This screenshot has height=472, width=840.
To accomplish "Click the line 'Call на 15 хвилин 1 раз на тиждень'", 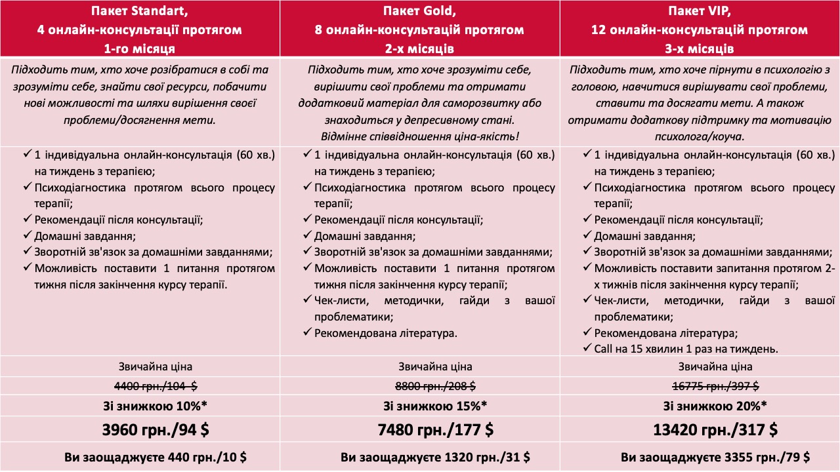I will tap(686, 349).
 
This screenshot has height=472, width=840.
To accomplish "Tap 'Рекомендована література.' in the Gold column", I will tap(385, 333).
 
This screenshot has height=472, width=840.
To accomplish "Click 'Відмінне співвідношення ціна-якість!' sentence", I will tap(420, 136).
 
